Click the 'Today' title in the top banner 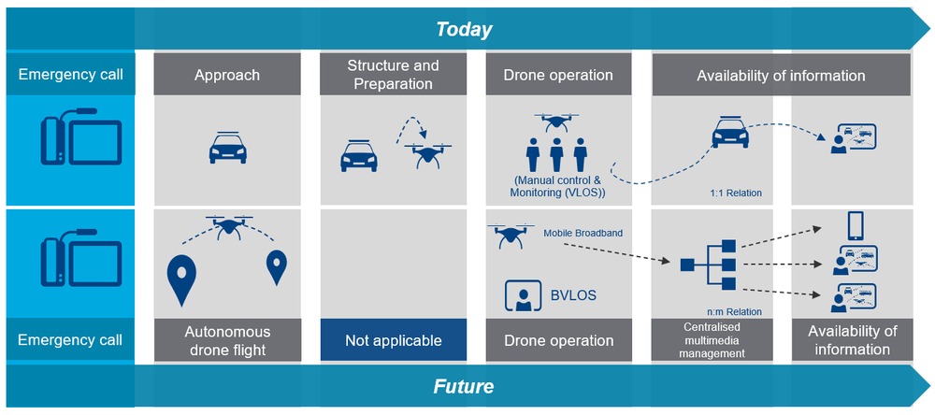click(464, 29)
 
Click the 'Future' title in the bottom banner click(464, 386)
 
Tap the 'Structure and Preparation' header click(393, 75)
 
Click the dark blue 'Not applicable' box click(393, 340)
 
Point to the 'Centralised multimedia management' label click(712, 340)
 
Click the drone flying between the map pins click(227, 226)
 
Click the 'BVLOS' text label click(571, 296)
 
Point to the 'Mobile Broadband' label click(583, 233)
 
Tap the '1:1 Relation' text click(736, 193)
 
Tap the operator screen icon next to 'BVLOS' click(525, 296)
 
